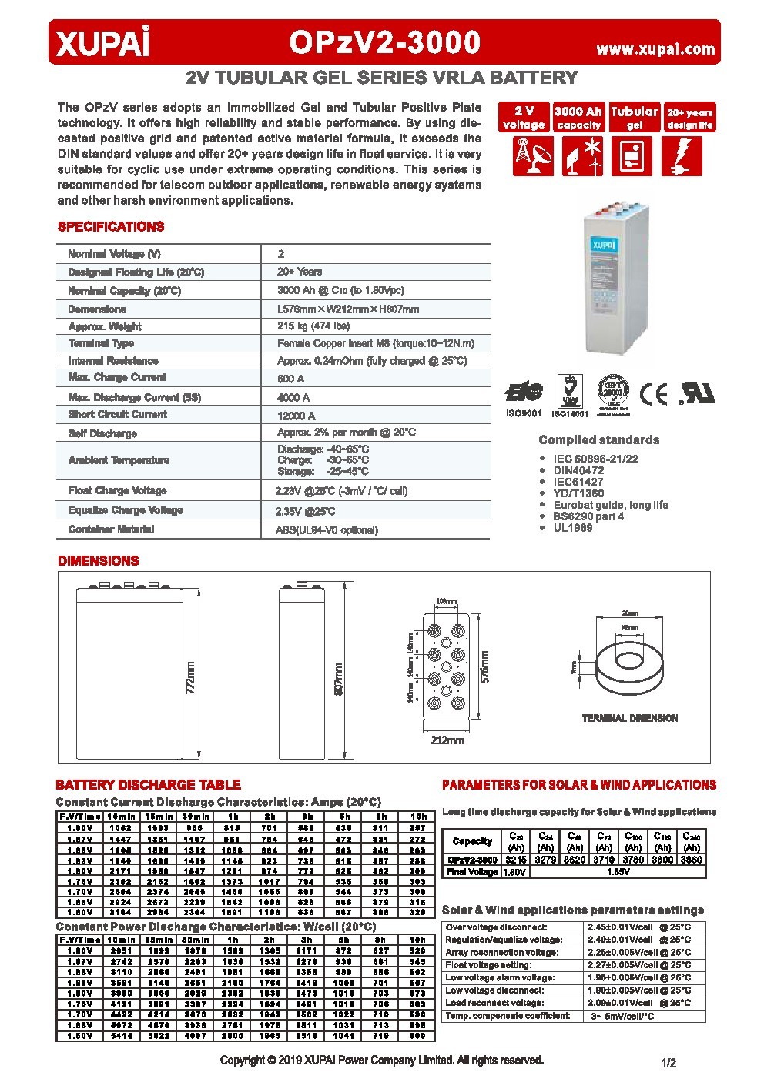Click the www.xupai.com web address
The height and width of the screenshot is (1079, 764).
tap(655, 49)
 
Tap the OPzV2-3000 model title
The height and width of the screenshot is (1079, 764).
tap(385, 43)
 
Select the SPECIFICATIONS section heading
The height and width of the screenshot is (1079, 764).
tap(111, 227)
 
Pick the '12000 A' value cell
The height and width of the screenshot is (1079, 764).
tap(297, 416)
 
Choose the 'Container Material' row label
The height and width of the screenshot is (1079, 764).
tap(111, 529)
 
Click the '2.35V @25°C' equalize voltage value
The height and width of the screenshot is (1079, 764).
tap(306, 511)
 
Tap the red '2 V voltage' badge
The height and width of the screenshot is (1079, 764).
tap(524, 118)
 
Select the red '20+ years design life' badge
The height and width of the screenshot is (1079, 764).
tap(690, 118)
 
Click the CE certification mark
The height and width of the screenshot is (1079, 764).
tap(655, 394)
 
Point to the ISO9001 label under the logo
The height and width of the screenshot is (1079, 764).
tap(523, 413)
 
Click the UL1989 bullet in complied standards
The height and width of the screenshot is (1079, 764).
tap(572, 528)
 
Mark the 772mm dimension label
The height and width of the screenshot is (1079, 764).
tap(190, 678)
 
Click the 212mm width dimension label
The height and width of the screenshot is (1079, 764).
tap(447, 740)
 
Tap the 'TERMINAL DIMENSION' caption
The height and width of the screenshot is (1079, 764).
tap(630, 718)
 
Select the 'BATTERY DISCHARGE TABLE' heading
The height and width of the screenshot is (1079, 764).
tap(148, 785)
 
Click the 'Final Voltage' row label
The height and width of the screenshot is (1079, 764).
tap(472, 872)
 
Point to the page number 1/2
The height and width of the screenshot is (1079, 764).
tap(668, 1064)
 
